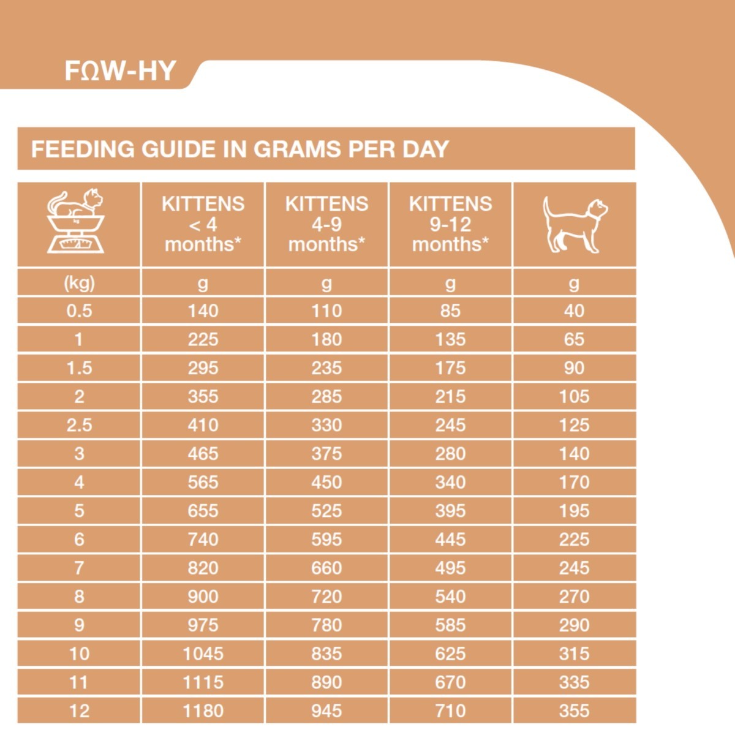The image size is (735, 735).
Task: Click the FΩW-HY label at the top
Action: click(120, 71)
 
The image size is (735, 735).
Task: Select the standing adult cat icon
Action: click(575, 224)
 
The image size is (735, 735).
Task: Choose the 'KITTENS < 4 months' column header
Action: click(203, 224)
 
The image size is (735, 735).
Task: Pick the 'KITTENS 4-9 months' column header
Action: click(326, 224)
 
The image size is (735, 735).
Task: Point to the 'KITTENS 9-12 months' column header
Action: click(450, 224)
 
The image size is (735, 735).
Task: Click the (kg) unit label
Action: click(79, 283)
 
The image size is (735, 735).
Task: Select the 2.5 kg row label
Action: click(79, 425)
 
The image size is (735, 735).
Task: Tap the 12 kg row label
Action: click(79, 711)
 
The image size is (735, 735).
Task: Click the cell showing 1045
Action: click(203, 654)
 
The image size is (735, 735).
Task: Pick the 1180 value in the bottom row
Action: click(203, 711)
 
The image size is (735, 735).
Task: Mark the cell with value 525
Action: click(326, 511)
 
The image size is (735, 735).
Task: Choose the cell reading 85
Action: click(450, 311)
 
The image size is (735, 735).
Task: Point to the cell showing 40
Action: click(574, 311)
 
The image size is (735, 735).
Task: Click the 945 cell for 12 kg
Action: click(326, 711)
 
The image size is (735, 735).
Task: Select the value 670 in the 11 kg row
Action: click(450, 682)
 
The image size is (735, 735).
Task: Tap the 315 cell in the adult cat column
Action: click(574, 654)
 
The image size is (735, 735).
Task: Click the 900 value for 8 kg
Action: click(203, 597)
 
